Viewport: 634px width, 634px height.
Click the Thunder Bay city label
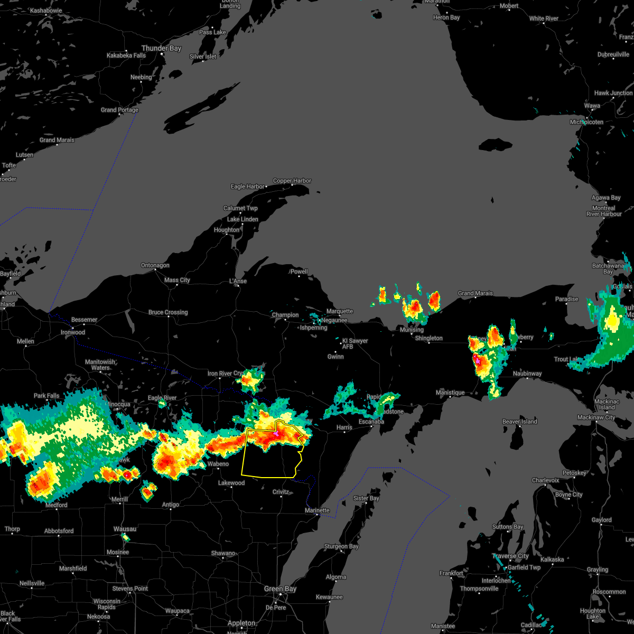coord(161,48)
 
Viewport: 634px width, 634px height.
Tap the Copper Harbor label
coord(292,181)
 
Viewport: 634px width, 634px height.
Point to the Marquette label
coord(340,311)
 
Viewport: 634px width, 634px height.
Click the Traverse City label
coord(510,556)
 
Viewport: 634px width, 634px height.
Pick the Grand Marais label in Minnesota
coord(57,140)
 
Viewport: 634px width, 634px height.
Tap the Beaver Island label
coord(519,422)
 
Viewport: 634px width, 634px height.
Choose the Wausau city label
coord(125,529)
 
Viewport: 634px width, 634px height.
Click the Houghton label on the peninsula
coord(227,230)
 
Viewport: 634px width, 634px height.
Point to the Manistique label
coord(450,393)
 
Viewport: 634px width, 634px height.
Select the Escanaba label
coord(371,422)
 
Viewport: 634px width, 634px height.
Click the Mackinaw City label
coord(596,417)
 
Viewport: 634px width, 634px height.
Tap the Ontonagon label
coord(155,265)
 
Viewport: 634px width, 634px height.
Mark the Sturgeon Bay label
coord(341,546)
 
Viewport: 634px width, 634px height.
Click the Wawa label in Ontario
coord(592,106)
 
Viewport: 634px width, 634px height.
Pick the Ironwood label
coord(73,332)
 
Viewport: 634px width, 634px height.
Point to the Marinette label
coord(317,510)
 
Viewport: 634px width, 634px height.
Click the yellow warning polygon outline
coord(243,460)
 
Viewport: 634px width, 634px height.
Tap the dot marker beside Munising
coord(412,334)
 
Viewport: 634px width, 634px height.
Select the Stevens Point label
coord(130,589)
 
